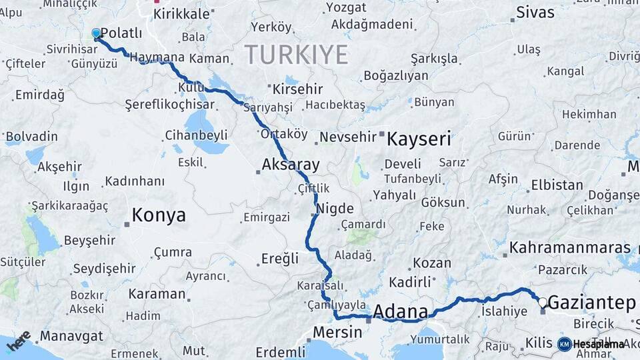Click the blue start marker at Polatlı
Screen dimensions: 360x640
[x=96, y=33]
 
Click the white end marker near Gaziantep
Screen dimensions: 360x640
[x=543, y=302]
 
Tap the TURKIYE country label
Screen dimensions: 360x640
[x=296, y=54]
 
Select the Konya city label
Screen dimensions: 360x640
[x=159, y=215]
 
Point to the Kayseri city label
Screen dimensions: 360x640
[x=419, y=139]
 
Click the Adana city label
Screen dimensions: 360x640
[x=400, y=311]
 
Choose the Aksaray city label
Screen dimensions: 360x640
[x=291, y=164]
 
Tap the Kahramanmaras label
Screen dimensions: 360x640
[x=570, y=248]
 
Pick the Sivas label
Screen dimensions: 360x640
[x=535, y=12]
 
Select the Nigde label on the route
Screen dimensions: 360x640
[x=337, y=208]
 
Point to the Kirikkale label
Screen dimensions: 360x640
[x=181, y=15]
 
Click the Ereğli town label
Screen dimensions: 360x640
[x=279, y=259]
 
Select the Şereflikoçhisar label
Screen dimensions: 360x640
[x=170, y=105]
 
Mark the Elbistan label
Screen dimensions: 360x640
[x=557, y=185]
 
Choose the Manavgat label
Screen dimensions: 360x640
[x=71, y=336]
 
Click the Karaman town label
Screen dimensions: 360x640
[x=157, y=293]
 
